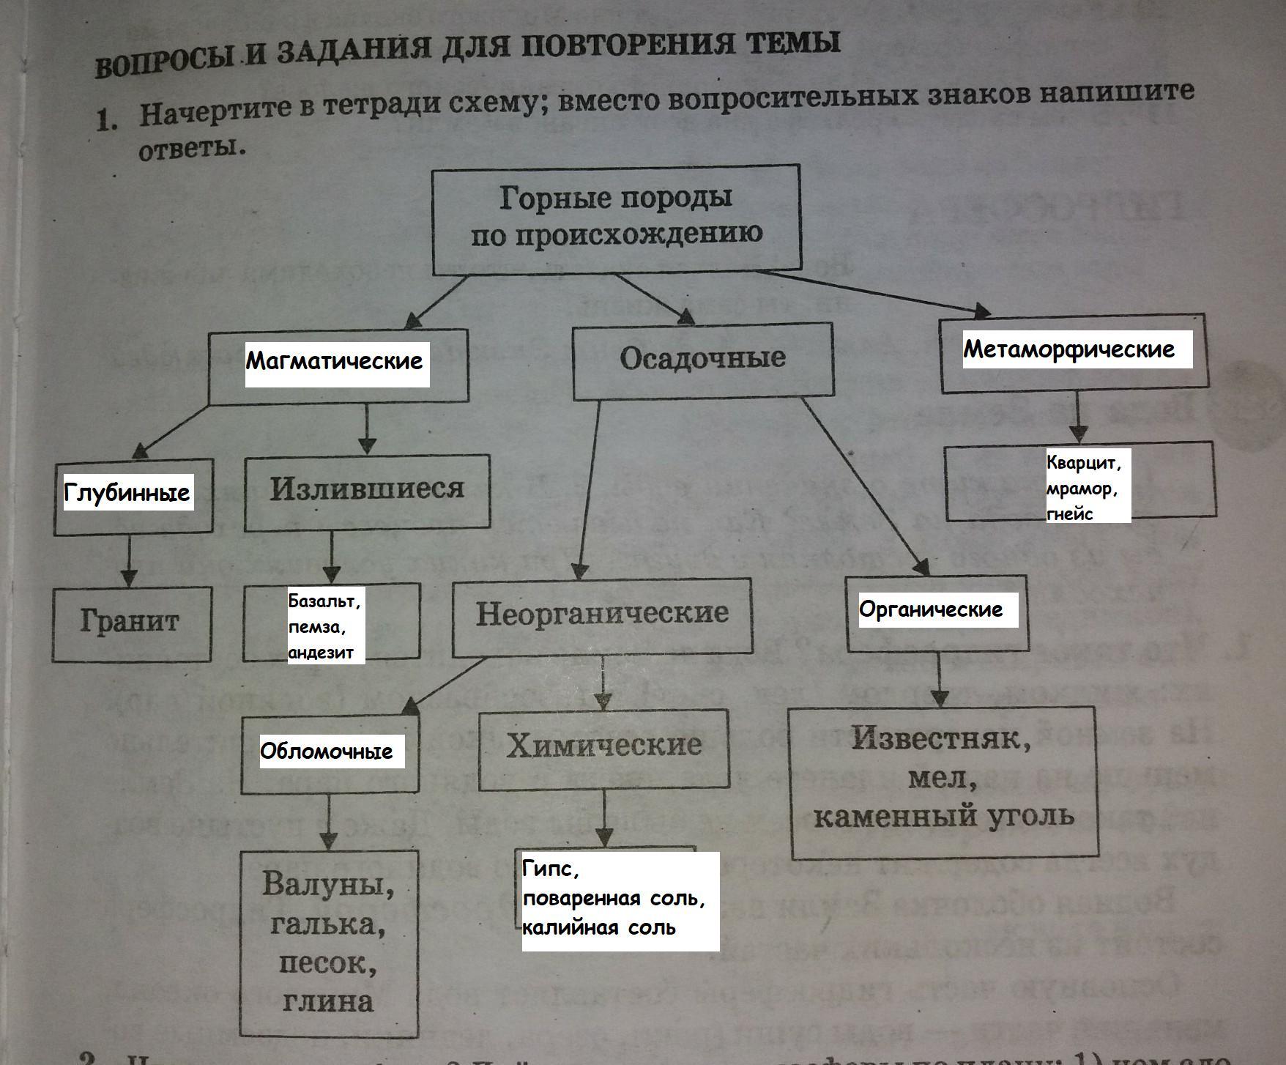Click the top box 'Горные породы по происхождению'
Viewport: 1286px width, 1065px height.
615,218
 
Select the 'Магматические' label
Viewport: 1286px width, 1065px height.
335,361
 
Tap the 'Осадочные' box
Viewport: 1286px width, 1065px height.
702,359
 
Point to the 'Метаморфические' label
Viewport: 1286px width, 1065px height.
1068,349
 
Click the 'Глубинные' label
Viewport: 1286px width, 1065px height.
127,493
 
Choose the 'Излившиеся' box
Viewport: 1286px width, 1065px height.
367,489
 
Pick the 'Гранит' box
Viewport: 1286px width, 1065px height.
130,622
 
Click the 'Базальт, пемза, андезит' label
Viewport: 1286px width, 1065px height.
324,627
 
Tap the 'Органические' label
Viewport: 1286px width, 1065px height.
930,609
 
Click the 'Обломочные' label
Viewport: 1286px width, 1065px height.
327,752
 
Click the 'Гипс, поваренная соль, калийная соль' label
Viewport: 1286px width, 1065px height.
614,899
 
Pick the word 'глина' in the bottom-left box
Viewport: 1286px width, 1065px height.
327,1001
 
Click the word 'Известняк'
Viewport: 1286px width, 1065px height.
941,739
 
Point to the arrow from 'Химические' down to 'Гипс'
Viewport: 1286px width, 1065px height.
604,818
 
